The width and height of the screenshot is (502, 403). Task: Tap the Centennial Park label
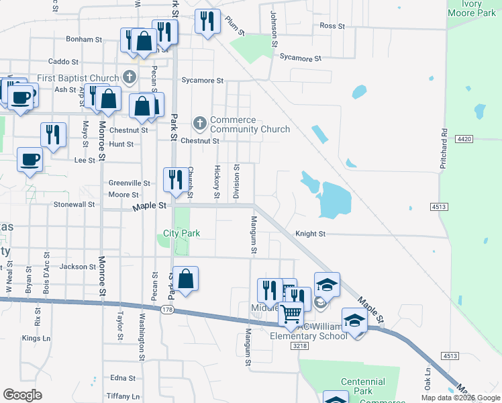click(x=362, y=386)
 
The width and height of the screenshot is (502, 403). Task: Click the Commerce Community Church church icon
click(x=199, y=124)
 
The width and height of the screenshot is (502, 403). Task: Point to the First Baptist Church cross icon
click(x=130, y=77)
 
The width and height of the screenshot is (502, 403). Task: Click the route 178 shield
click(x=167, y=309)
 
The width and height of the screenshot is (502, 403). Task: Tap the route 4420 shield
click(x=463, y=138)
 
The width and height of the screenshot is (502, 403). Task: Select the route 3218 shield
click(x=299, y=345)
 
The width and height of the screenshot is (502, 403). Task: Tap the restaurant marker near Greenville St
click(x=175, y=179)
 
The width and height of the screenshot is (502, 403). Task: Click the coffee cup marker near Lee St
click(x=29, y=160)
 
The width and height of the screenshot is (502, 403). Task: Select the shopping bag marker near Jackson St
click(x=188, y=278)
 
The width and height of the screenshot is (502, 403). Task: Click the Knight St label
click(x=311, y=234)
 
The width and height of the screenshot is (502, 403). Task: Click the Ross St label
click(x=332, y=26)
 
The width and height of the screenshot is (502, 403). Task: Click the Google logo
click(x=22, y=395)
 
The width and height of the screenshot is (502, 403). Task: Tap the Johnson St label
click(x=274, y=28)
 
